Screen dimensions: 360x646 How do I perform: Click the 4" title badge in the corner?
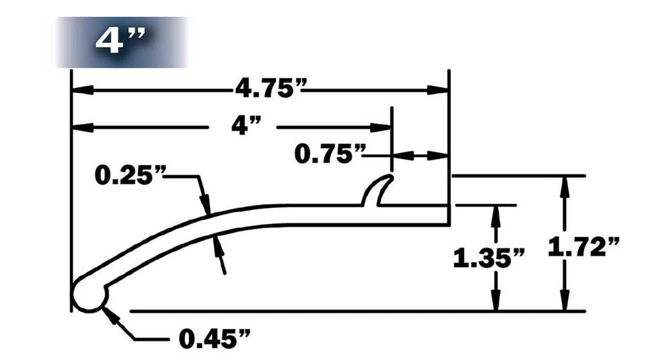pos(121,42)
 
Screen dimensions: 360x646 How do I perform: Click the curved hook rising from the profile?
pos(378,190)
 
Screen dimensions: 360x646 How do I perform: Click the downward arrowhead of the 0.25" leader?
pos(206,205)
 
